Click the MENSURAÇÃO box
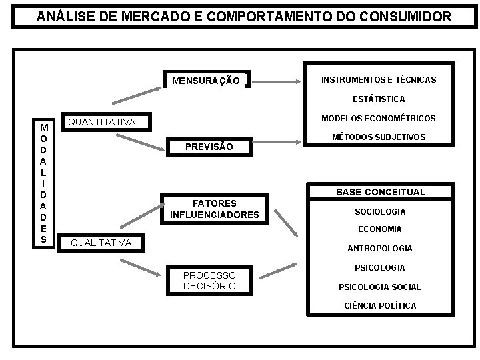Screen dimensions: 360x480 [x=206, y=81]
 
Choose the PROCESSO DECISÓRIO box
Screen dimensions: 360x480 [x=209, y=281]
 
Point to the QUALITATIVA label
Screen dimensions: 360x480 [x=101, y=243]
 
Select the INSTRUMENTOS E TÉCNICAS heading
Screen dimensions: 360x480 [x=378, y=79]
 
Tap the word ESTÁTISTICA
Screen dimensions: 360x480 [x=379, y=99]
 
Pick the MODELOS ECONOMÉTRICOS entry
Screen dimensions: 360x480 [x=379, y=118]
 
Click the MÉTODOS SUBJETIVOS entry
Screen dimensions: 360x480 [x=379, y=137]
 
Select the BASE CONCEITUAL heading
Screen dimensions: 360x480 [x=380, y=192]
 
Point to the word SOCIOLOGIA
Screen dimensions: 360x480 [x=380, y=211]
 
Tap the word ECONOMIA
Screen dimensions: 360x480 [x=379, y=229]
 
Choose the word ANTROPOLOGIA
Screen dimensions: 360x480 [x=379, y=248]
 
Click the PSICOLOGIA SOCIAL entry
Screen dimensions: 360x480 [x=379, y=287]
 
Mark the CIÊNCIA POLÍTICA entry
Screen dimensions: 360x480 [x=379, y=305]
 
